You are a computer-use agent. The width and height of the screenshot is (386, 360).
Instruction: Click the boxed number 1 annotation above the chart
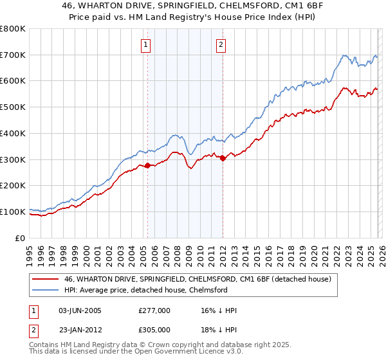147,44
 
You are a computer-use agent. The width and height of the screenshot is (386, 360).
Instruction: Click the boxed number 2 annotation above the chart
221,44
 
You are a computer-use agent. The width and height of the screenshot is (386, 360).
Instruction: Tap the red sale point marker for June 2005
147,166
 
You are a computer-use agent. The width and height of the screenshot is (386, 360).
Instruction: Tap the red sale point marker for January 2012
223,158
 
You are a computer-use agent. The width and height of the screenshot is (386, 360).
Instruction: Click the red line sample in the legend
45,279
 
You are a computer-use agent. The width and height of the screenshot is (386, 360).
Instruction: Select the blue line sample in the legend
45,290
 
